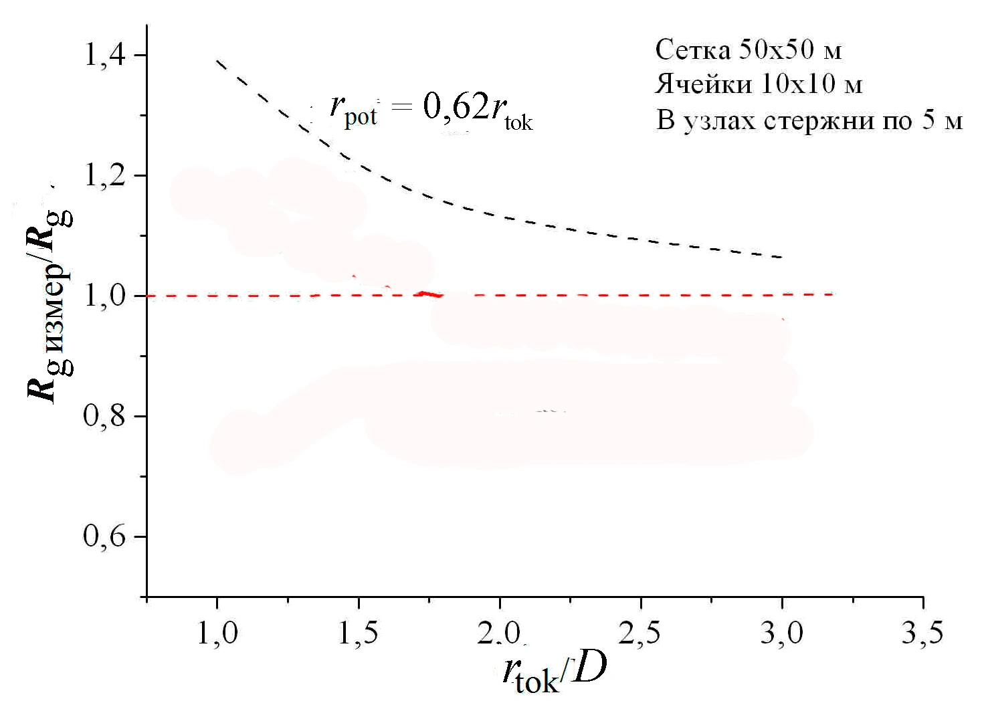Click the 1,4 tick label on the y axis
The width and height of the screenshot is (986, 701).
pyautogui.click(x=104, y=54)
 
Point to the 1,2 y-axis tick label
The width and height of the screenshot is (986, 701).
pyautogui.click(x=104, y=175)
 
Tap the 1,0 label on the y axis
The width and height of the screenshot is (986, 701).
pyautogui.click(x=104, y=295)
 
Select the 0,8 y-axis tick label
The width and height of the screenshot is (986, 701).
pyautogui.click(x=104, y=415)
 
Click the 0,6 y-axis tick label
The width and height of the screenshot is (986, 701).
pyautogui.click(x=104, y=536)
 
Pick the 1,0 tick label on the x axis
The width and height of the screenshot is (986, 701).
pyautogui.click(x=217, y=632)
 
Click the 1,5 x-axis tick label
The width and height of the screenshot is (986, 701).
pyautogui.click(x=359, y=632)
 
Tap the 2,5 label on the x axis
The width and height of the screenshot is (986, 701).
pyautogui.click(x=640, y=632)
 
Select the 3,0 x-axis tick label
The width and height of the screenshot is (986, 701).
pyautogui.click(x=781, y=632)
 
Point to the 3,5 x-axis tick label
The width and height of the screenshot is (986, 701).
pyautogui.click(x=922, y=632)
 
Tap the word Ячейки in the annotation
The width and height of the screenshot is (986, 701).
pyautogui.click(x=703, y=84)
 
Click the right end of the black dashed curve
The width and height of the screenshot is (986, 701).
pyautogui.click(x=782, y=257)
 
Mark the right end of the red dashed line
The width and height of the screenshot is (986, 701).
pyautogui.click(x=833, y=294)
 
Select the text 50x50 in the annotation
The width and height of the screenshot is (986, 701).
pyautogui.click(x=777, y=49)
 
